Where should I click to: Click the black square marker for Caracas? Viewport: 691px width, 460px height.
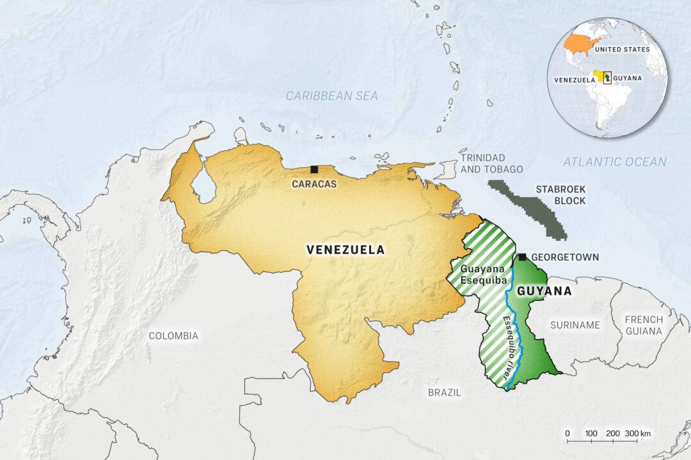314,169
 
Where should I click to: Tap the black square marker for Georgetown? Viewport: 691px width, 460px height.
523,257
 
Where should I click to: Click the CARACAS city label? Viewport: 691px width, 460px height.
315,183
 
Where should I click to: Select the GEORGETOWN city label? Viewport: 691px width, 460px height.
566,257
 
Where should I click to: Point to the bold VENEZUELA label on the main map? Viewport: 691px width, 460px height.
345,250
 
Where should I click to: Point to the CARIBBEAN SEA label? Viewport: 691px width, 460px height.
331,96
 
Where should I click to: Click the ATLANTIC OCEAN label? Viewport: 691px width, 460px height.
614,162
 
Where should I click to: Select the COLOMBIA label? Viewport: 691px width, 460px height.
173,335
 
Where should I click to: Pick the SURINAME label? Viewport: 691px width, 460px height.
575,325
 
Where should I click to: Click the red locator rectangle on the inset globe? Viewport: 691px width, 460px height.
607,78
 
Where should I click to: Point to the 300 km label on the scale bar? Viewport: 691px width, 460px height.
637,433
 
